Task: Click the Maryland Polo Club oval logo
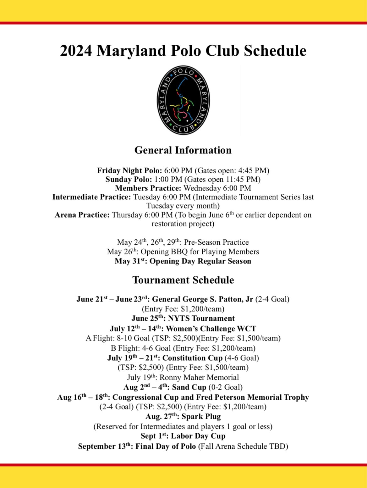click(183, 100)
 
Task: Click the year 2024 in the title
click(76, 51)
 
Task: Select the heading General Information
click(183, 150)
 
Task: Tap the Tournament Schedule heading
click(183, 280)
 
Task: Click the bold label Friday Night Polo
click(129, 170)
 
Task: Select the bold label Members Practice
click(148, 188)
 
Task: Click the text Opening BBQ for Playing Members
click(200, 252)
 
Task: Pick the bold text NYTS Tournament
click(201, 318)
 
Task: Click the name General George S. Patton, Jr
click(202, 299)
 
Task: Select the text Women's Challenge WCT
click(211, 329)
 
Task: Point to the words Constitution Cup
click(192, 358)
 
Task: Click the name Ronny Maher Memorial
click(199, 377)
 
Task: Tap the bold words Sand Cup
click(189, 387)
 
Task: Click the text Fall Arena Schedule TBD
click(243, 446)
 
